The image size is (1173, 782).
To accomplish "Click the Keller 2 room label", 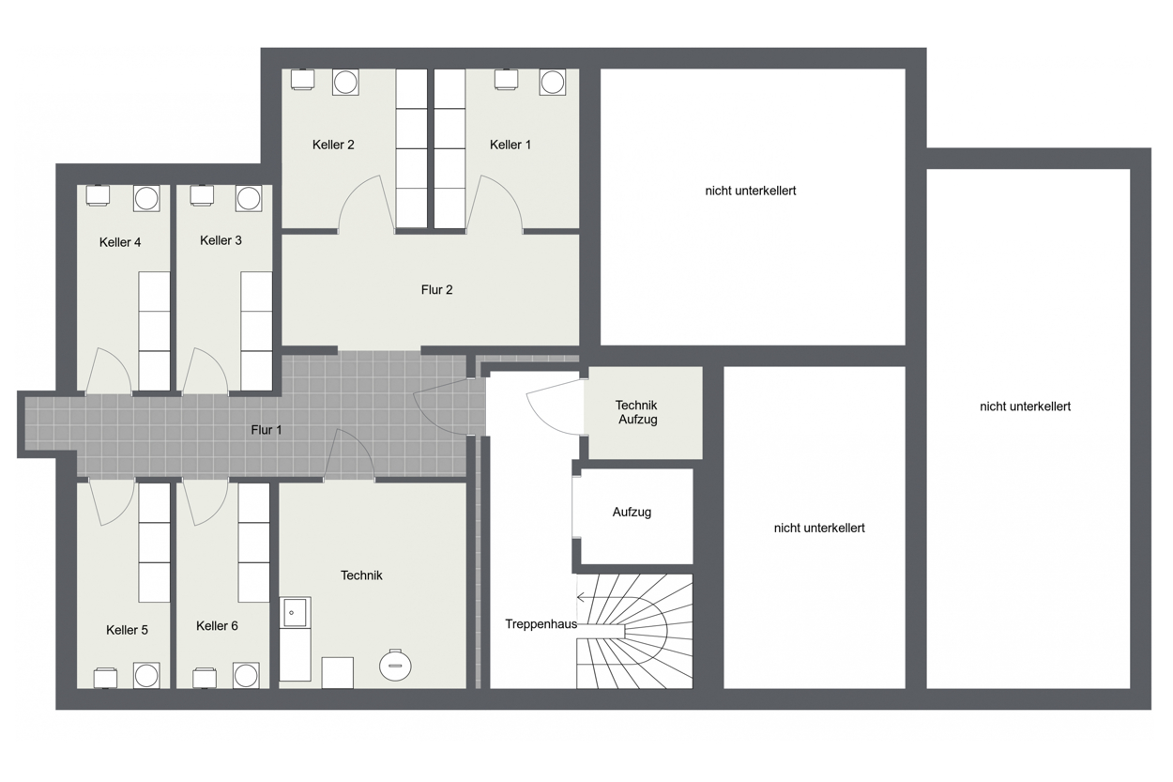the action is [x=333, y=145].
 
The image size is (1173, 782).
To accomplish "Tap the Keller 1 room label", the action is [x=510, y=145].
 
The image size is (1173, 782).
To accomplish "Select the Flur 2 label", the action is [x=436, y=290].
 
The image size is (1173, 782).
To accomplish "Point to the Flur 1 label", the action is [x=266, y=430].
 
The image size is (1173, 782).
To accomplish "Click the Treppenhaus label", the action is [x=541, y=624].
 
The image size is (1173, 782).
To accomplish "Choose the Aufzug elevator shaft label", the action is [x=632, y=513].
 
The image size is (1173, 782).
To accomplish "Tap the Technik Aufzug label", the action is [x=636, y=412].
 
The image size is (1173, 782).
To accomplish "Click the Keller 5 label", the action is [x=127, y=630].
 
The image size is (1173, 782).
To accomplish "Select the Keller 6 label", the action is [x=217, y=626].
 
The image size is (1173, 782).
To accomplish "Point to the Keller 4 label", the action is [x=120, y=242].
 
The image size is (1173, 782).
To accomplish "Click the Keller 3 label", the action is [x=221, y=240].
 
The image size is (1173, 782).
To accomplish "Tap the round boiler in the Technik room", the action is [x=395, y=665].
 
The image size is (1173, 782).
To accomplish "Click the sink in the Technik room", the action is [x=295, y=612].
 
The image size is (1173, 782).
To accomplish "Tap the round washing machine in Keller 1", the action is [x=552, y=83].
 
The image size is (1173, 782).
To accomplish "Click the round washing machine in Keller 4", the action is [x=146, y=198].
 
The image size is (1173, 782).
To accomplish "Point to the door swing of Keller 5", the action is [x=112, y=502].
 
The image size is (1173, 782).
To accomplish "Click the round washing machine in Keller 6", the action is [x=246, y=676].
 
